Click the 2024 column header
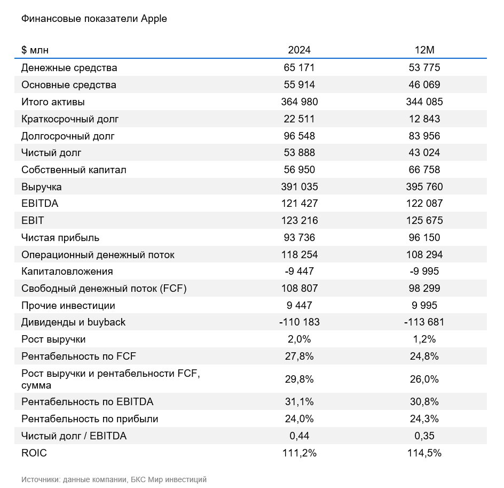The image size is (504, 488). pos(299,50)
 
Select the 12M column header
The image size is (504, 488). pos(424,50)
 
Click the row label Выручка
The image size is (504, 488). pos(42,187)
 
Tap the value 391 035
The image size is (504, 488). pos(299,187)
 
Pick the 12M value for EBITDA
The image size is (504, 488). pos(424,203)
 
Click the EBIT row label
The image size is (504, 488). pos(33,220)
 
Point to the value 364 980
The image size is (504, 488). pos(299,102)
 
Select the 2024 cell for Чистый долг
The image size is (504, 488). pos(299,152)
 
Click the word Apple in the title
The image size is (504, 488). pos(154,19)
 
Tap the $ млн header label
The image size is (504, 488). pos(35,50)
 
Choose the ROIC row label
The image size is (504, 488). pos(34,453)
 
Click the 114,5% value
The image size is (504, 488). pos(424,453)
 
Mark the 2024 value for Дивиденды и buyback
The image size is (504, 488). pos(299,322)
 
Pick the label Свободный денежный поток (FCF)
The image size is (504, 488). pos(104,289)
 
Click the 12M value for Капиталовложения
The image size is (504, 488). pos(424,271)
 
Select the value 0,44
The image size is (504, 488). pos(299,436)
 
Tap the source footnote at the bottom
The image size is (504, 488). pos(114,479)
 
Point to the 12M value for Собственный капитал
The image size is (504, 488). pos(424,169)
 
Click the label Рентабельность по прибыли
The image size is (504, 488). pos(90,419)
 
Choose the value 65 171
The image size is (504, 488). pos(299,67)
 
